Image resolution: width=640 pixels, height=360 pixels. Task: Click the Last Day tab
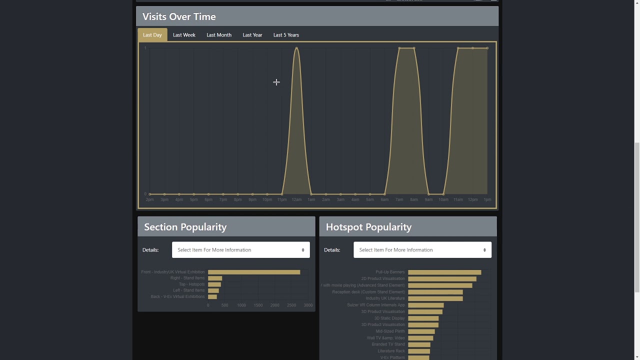(x=152, y=35)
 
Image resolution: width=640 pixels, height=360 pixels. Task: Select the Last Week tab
(x=184, y=35)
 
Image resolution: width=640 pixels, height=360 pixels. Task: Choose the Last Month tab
(x=219, y=35)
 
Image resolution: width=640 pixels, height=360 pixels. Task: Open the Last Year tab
(x=252, y=35)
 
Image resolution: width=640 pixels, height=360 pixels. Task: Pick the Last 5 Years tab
(x=286, y=35)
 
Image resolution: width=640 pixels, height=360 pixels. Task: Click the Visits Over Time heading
(x=179, y=16)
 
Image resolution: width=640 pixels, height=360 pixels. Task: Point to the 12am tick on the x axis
(x=296, y=199)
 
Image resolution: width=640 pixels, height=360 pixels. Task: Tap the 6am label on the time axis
(x=384, y=199)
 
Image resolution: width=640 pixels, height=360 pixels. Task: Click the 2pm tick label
(x=150, y=199)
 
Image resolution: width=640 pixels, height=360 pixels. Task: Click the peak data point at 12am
(x=296, y=48)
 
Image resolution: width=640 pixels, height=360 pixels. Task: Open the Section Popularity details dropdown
(x=241, y=250)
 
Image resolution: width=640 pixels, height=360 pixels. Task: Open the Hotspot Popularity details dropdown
(x=422, y=250)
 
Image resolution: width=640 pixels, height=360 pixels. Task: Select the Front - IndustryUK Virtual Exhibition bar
(x=254, y=272)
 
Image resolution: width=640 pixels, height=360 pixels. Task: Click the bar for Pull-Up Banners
(x=444, y=272)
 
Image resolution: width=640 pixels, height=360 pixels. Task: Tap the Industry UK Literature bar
(x=435, y=298)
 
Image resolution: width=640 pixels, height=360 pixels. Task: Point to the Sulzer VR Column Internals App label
(x=376, y=305)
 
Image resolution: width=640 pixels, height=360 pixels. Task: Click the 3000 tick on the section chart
(x=308, y=305)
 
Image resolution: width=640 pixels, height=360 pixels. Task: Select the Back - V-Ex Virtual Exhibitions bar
(x=212, y=296)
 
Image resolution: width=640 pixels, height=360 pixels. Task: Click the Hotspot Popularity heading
(x=368, y=227)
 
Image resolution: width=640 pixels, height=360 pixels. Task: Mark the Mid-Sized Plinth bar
(x=421, y=331)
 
